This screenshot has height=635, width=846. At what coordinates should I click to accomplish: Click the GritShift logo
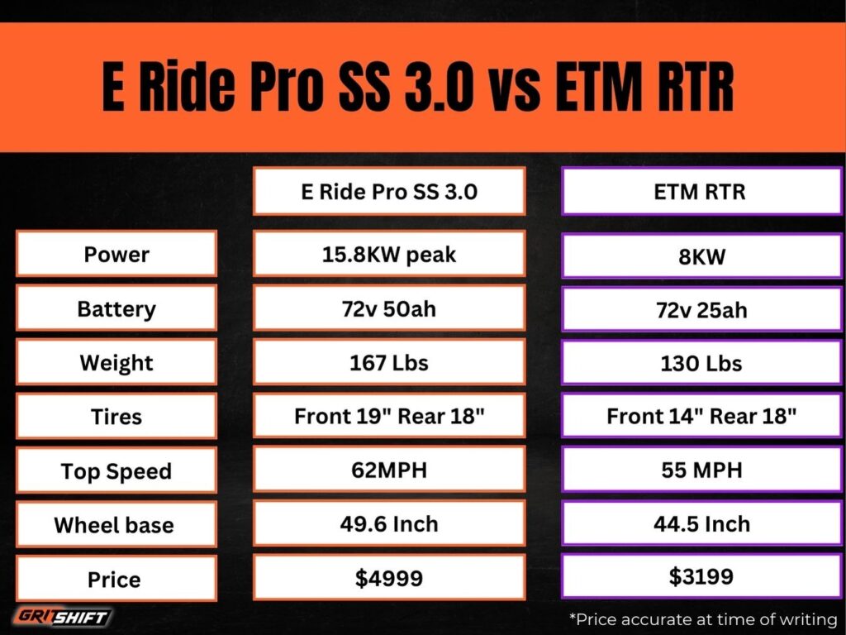click(63, 617)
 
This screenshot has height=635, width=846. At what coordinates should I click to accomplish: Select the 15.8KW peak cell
click(389, 254)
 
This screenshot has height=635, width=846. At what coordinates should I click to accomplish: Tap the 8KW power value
click(701, 256)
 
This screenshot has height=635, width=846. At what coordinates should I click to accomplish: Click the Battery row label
click(116, 308)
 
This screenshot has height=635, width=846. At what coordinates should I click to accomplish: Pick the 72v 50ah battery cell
click(389, 308)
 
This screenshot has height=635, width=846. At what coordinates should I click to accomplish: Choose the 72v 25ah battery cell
click(701, 310)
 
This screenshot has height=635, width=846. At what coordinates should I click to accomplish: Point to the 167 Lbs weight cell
click(389, 362)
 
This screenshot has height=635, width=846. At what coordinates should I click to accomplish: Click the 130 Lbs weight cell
click(701, 364)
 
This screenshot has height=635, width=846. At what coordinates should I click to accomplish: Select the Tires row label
click(116, 416)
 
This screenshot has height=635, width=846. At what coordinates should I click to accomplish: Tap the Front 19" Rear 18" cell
click(389, 416)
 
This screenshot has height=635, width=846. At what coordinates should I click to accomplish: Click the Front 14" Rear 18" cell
click(701, 416)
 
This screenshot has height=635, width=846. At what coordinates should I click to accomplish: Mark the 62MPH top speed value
click(389, 470)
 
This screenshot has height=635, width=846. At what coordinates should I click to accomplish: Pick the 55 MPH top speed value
click(701, 470)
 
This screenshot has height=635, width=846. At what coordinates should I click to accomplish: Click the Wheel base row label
click(116, 524)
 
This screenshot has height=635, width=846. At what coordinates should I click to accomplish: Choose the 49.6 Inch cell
click(389, 523)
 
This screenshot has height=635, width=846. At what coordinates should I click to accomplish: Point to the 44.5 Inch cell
click(701, 523)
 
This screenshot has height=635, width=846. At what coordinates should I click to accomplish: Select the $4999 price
click(389, 578)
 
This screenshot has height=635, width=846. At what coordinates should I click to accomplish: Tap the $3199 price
click(701, 576)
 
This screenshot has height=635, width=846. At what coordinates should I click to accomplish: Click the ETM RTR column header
click(701, 192)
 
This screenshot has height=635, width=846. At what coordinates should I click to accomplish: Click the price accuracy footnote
click(702, 618)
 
